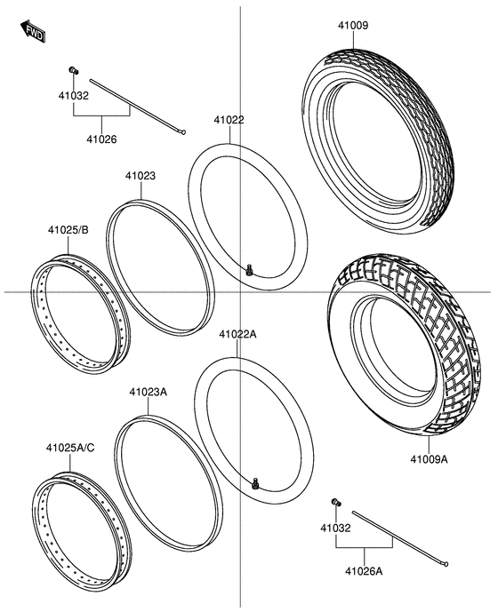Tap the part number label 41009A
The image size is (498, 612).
click(x=429, y=460)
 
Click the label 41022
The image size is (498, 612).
click(x=229, y=120)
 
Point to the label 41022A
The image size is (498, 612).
click(x=237, y=335)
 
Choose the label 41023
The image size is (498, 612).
click(x=140, y=176)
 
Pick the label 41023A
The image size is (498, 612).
click(x=148, y=392)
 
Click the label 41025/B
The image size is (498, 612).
click(x=68, y=231)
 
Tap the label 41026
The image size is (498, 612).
click(x=101, y=139)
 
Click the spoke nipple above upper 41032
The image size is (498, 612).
click(x=73, y=71)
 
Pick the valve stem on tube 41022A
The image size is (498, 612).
click(x=257, y=484)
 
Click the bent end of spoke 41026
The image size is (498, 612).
click(x=182, y=132)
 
